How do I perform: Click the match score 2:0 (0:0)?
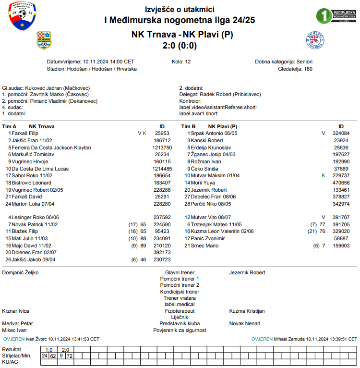(x=180, y=46)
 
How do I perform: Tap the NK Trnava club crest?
(x=44, y=40)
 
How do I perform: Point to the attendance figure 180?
(x=308, y=69)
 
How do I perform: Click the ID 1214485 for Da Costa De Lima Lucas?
(x=162, y=169)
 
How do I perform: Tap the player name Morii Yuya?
(x=203, y=183)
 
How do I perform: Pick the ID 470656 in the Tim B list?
(x=341, y=183)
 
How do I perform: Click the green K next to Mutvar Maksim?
(x=323, y=176)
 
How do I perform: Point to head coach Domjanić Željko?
(x=20, y=272)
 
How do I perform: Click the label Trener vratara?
(x=180, y=298)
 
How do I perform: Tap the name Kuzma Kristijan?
(x=247, y=311)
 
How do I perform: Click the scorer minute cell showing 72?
(x=70, y=356)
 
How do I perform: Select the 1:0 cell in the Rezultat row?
(x=48, y=350)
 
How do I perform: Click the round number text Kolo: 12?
(x=181, y=62)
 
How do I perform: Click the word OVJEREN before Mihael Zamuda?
(x=262, y=339)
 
